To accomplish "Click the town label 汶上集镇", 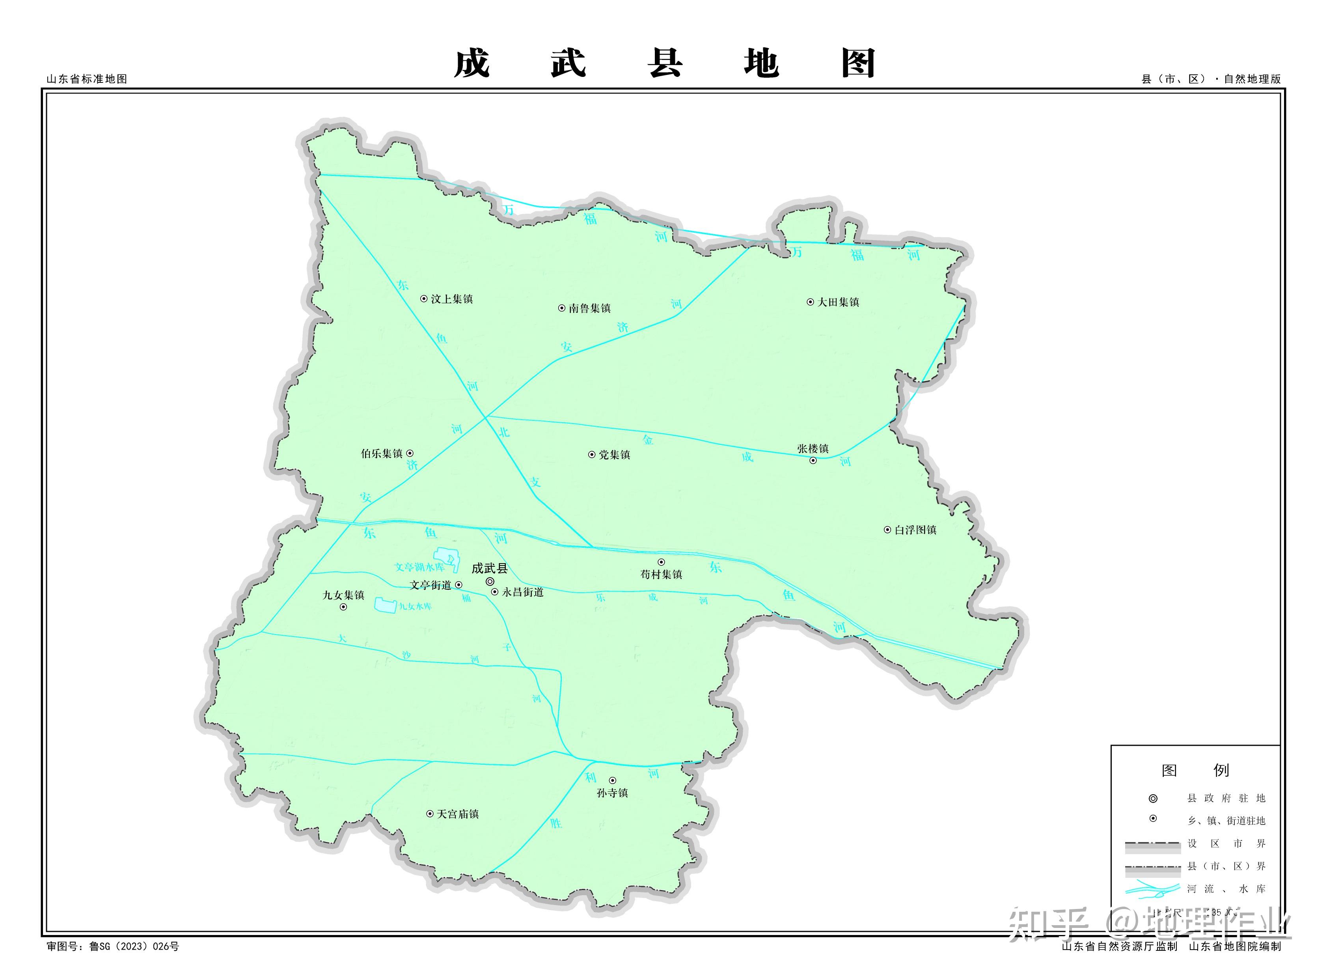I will pos(452,299).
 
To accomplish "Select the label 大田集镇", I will pos(838,302).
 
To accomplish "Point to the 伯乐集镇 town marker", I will pos(410,454).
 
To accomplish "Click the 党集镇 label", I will pos(614,455).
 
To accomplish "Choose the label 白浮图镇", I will pos(915,530).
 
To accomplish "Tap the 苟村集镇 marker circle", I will pos(661,562).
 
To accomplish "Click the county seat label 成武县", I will pos(490,568).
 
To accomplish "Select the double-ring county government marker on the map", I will pos(490,581).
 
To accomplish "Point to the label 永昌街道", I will pos(523,592).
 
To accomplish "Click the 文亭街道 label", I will pos(430,585).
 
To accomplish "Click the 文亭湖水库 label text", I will pos(419,567).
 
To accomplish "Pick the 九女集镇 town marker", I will pos(343,607).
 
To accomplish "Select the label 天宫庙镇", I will pos(458,814).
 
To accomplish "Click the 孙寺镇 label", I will pos(612,793).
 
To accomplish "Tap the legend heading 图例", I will pos(1195,770).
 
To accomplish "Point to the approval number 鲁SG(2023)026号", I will pos(134,946).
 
